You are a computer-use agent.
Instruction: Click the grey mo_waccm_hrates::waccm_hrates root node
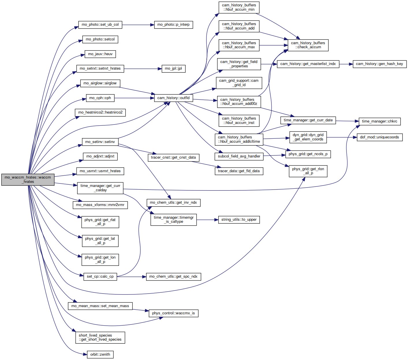pos(28,179)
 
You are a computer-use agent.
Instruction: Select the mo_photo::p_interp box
pos(173,25)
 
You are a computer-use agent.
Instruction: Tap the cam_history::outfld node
pos(173,98)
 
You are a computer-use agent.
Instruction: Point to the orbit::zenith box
pos(100,355)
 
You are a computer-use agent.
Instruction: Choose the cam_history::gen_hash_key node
pos(379,64)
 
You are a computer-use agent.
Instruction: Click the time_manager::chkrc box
pos(380,121)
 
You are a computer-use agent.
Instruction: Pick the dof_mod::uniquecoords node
pos(380,137)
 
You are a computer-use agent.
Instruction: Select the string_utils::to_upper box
pos(239,220)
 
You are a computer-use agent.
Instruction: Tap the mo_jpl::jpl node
pos(173,68)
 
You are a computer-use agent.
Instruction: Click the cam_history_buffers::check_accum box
pos(308,45)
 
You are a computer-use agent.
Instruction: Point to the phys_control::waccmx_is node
pos(173,313)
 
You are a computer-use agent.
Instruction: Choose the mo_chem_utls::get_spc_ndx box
pos(173,277)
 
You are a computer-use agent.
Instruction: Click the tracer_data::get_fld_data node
pos(239,171)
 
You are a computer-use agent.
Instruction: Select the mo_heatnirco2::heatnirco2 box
pos(100,112)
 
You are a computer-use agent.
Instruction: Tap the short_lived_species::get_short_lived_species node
pos(100,338)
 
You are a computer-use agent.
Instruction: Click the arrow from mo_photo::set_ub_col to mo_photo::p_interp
pos(138,25)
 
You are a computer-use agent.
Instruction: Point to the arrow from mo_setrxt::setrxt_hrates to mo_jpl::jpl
pos(143,69)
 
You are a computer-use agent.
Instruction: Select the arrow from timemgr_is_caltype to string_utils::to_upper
pos(207,220)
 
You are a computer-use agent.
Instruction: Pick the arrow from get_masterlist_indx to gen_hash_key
pos(346,64)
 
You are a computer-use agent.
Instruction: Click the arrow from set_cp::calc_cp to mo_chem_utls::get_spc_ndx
pos(131,277)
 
